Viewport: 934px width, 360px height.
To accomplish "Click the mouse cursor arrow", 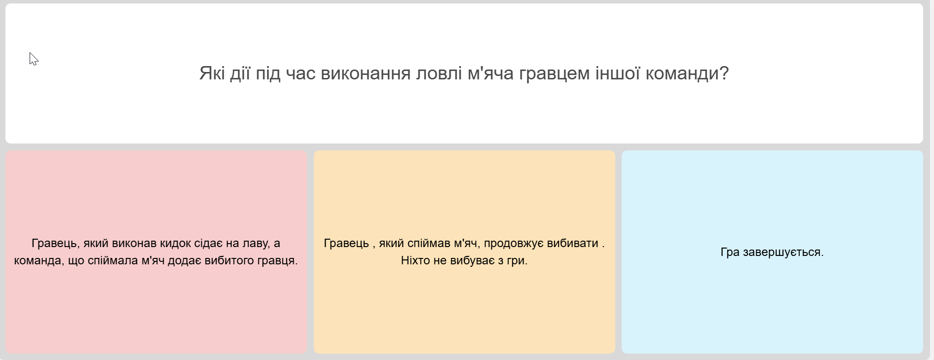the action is pos(33,59).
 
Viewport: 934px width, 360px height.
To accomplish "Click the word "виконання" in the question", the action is pos(366,73).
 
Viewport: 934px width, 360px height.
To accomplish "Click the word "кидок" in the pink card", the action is pos(175,243).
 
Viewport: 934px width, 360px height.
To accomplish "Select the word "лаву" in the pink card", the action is pos(252,244).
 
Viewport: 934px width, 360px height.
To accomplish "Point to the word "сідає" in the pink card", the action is pos(209,244).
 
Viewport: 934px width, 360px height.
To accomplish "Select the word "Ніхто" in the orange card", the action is pos(416,260).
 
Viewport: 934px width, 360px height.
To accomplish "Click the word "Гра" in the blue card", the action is pos(730,252).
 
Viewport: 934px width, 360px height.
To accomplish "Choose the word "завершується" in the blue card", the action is pos(782,252).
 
